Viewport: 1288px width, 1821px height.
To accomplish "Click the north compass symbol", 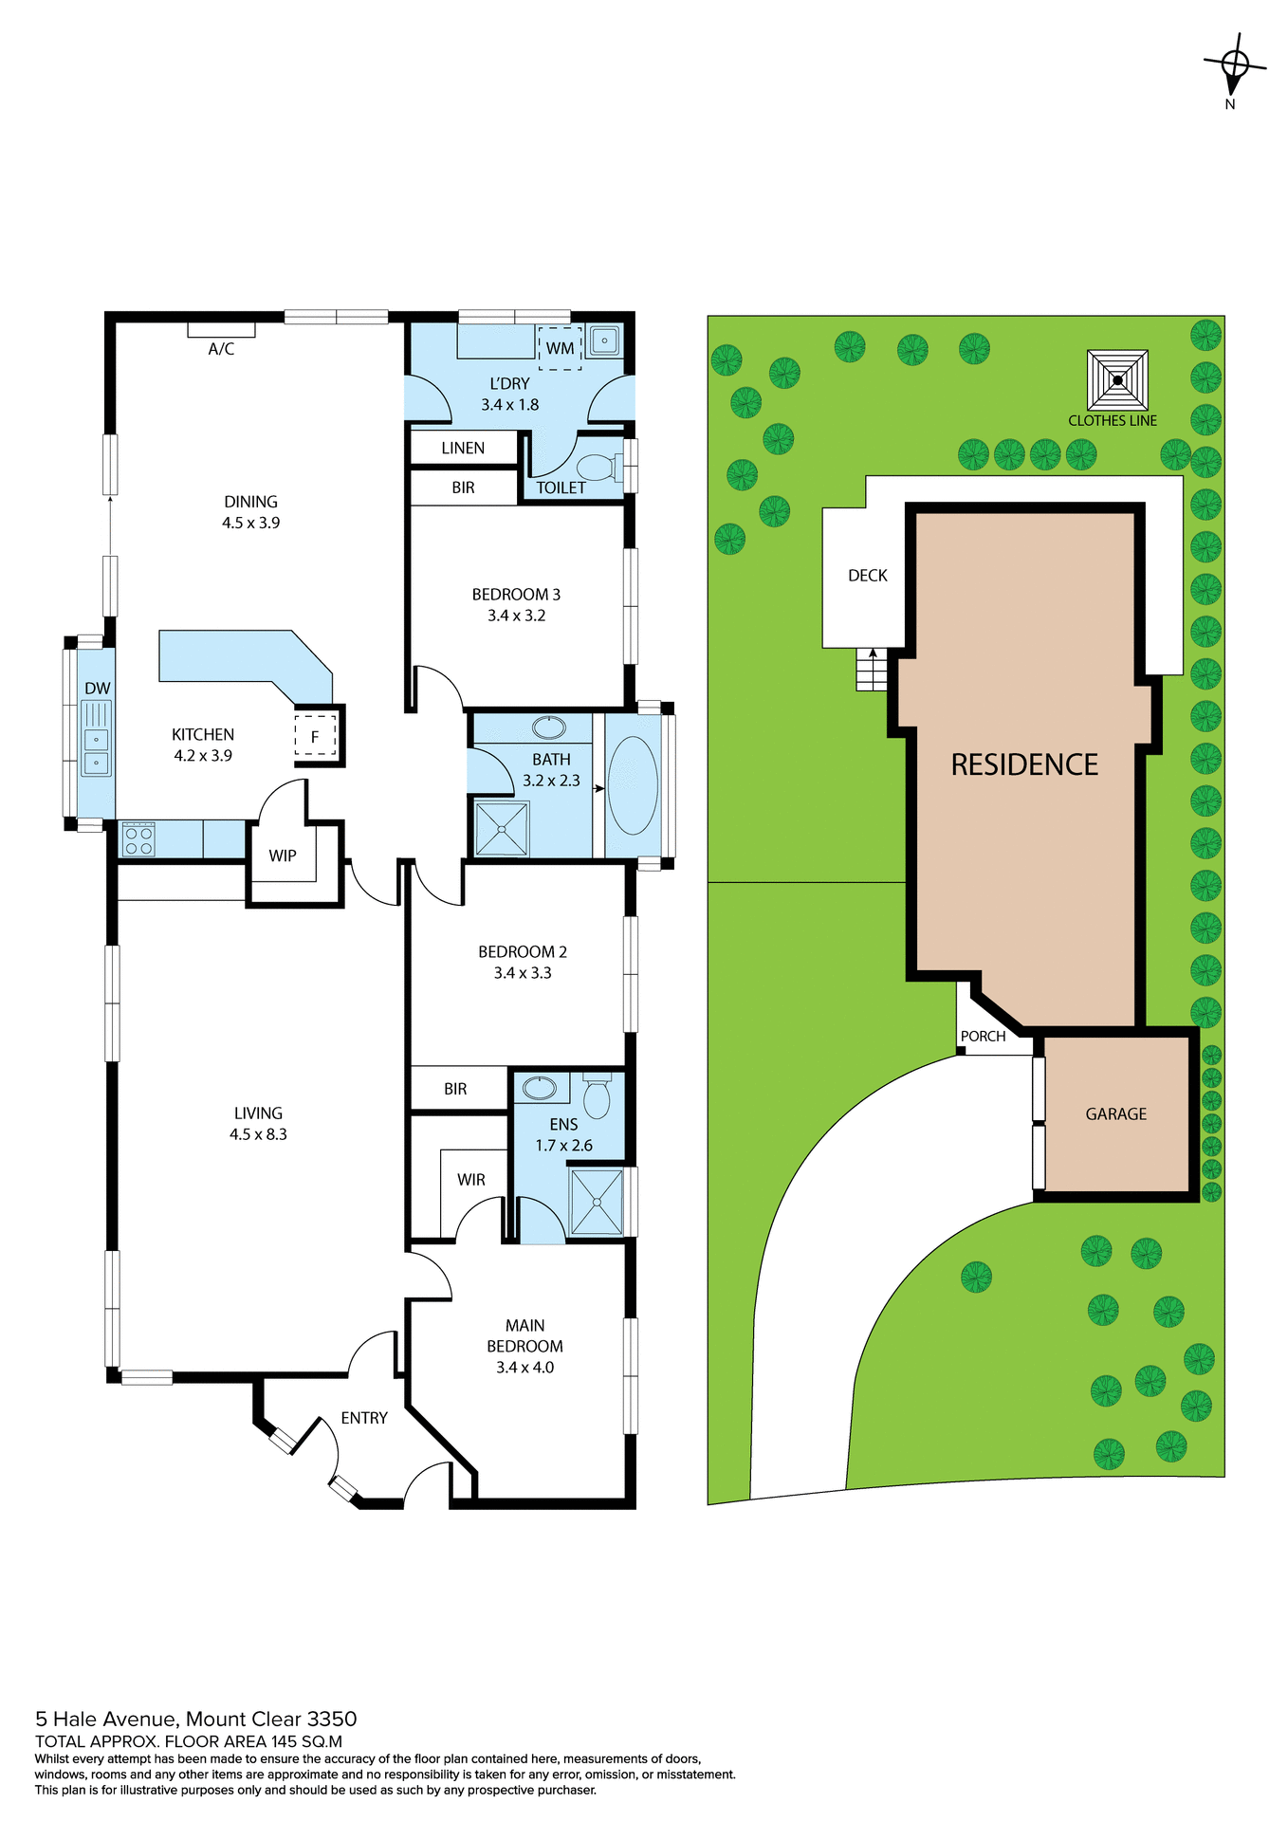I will (x=1235, y=64).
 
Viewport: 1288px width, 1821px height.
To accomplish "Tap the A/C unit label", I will (x=221, y=349).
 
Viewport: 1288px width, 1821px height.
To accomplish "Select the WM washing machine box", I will (x=560, y=348).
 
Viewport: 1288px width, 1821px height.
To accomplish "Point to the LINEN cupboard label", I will (x=463, y=448).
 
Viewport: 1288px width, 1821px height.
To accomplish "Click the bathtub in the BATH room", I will (x=633, y=785).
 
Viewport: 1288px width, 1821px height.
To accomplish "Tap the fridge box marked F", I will (x=316, y=735).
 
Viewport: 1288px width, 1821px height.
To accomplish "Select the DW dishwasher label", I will (x=97, y=689).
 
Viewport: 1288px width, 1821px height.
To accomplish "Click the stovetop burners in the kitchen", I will (x=138, y=839).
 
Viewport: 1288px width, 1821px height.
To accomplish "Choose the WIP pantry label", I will (x=283, y=855).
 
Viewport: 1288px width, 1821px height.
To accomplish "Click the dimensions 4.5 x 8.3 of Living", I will (x=258, y=1134).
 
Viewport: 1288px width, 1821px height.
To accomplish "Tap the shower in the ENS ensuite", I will (x=597, y=1202).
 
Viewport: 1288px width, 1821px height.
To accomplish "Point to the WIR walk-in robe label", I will (x=470, y=1180).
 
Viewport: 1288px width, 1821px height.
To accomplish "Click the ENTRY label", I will (x=364, y=1418).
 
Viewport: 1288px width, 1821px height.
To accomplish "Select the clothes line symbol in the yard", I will (x=1117, y=380).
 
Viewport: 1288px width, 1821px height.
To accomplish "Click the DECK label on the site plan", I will (x=868, y=576).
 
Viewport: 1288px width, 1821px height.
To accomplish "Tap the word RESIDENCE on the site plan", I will (x=1024, y=764).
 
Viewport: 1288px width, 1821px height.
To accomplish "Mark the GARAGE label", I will (x=1115, y=1114).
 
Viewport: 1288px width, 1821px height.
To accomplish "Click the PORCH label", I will (x=983, y=1037).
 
